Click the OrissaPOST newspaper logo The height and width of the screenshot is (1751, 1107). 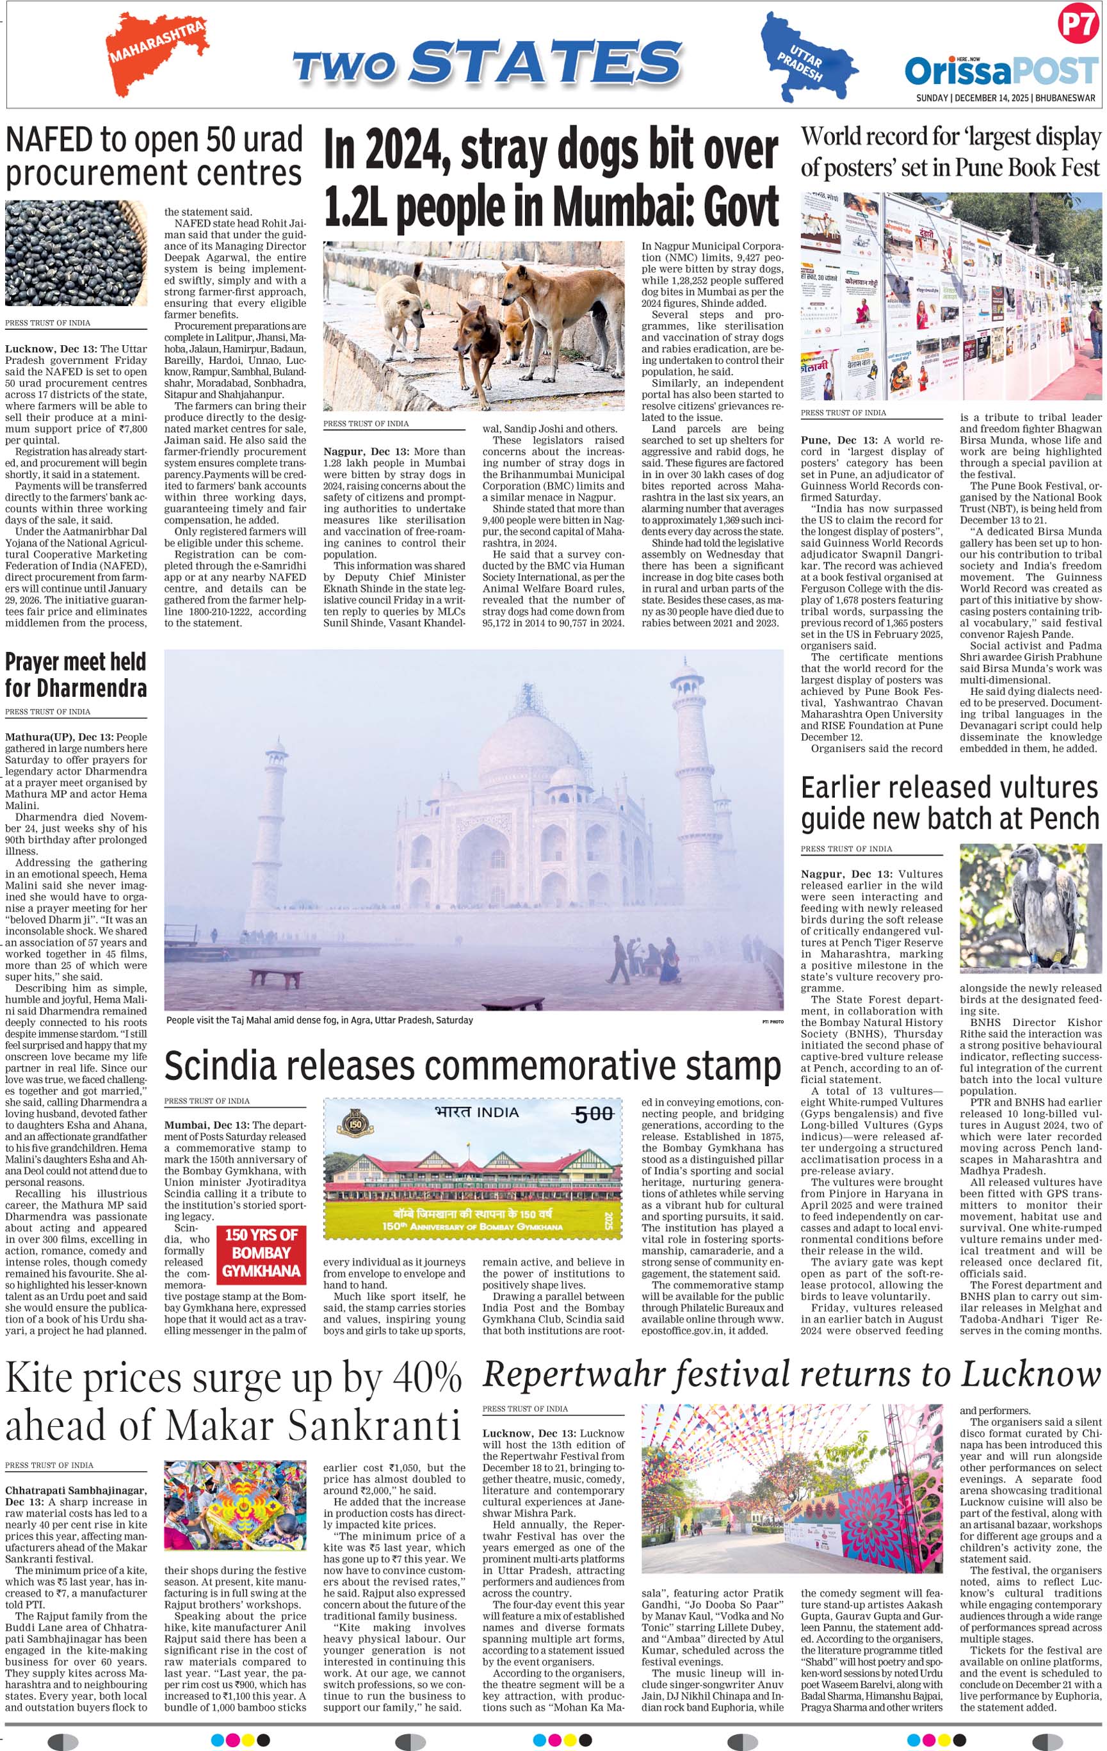[x=1001, y=71]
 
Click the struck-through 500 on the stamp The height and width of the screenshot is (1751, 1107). [x=594, y=1114]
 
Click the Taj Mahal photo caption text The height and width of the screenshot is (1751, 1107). [x=320, y=1020]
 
